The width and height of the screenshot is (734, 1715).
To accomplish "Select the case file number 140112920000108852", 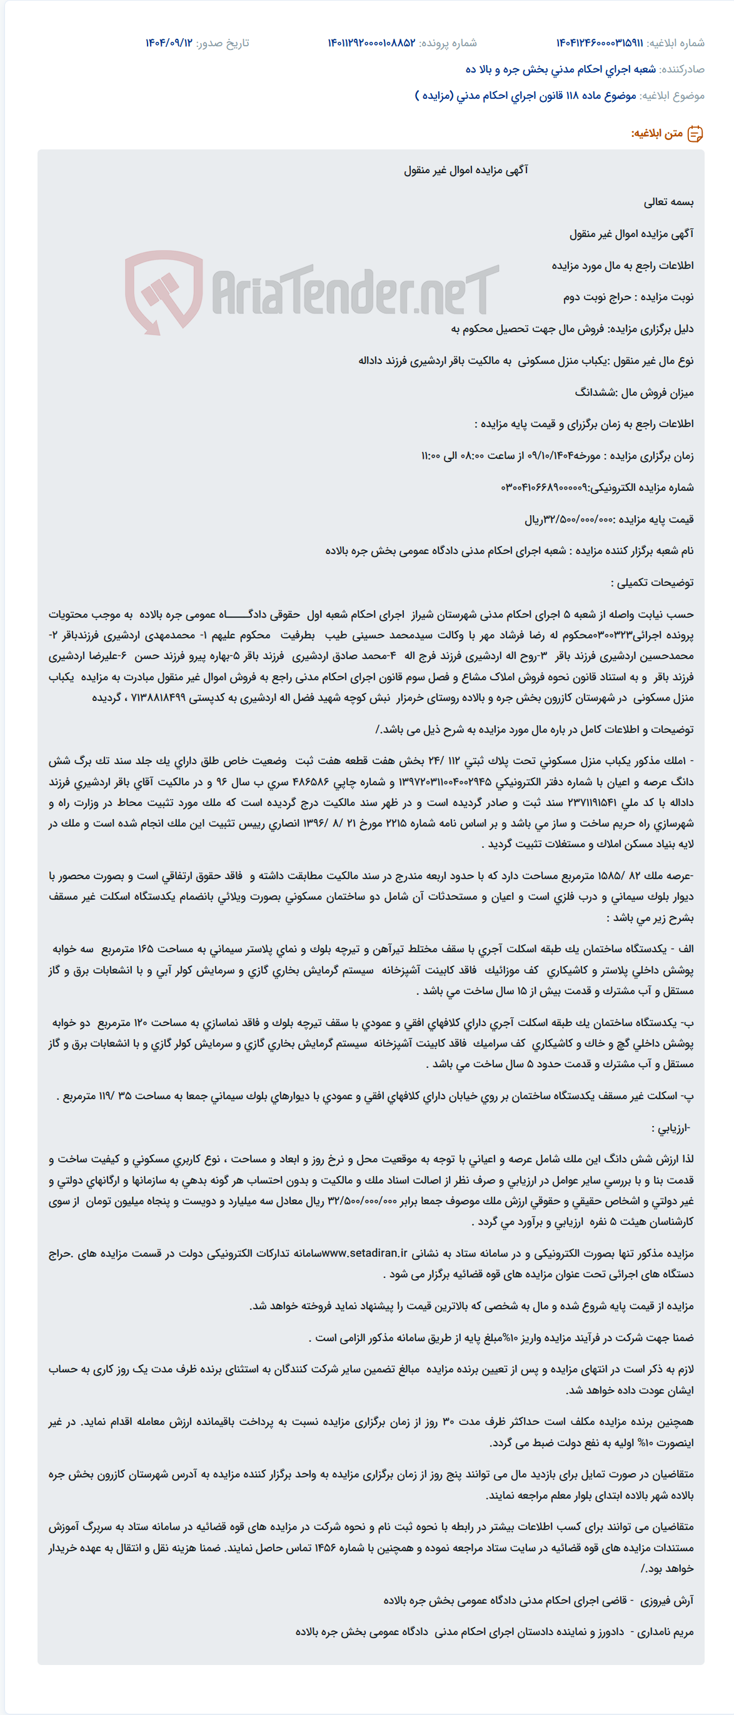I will (371, 43).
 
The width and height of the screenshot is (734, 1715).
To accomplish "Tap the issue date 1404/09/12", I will (169, 43).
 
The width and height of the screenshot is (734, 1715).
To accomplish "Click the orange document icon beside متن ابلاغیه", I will (695, 134).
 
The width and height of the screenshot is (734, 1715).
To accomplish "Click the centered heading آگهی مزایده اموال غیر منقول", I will (465, 171).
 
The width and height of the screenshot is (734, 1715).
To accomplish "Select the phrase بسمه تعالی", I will (668, 203).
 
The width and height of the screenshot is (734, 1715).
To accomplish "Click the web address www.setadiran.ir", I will (364, 1253).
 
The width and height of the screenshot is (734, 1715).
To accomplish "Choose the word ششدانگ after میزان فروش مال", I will (596, 393).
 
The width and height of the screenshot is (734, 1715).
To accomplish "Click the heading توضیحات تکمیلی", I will (652, 583).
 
